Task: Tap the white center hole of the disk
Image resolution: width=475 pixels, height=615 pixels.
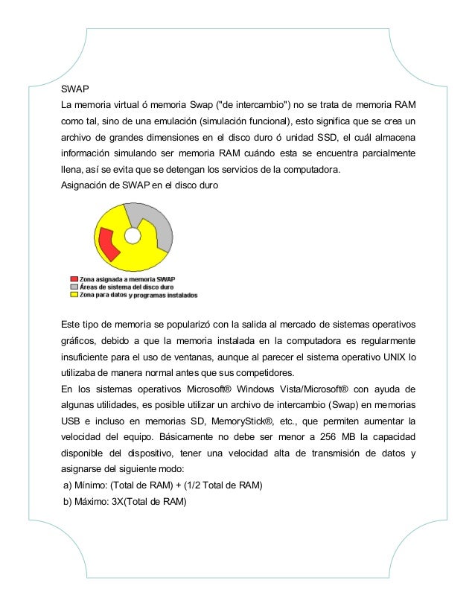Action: click(x=133, y=236)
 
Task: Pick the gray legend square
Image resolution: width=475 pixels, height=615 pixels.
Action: click(x=74, y=287)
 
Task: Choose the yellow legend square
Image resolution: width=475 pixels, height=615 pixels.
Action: click(x=74, y=294)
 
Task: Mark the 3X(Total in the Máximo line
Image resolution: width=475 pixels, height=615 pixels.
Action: click(x=133, y=503)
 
